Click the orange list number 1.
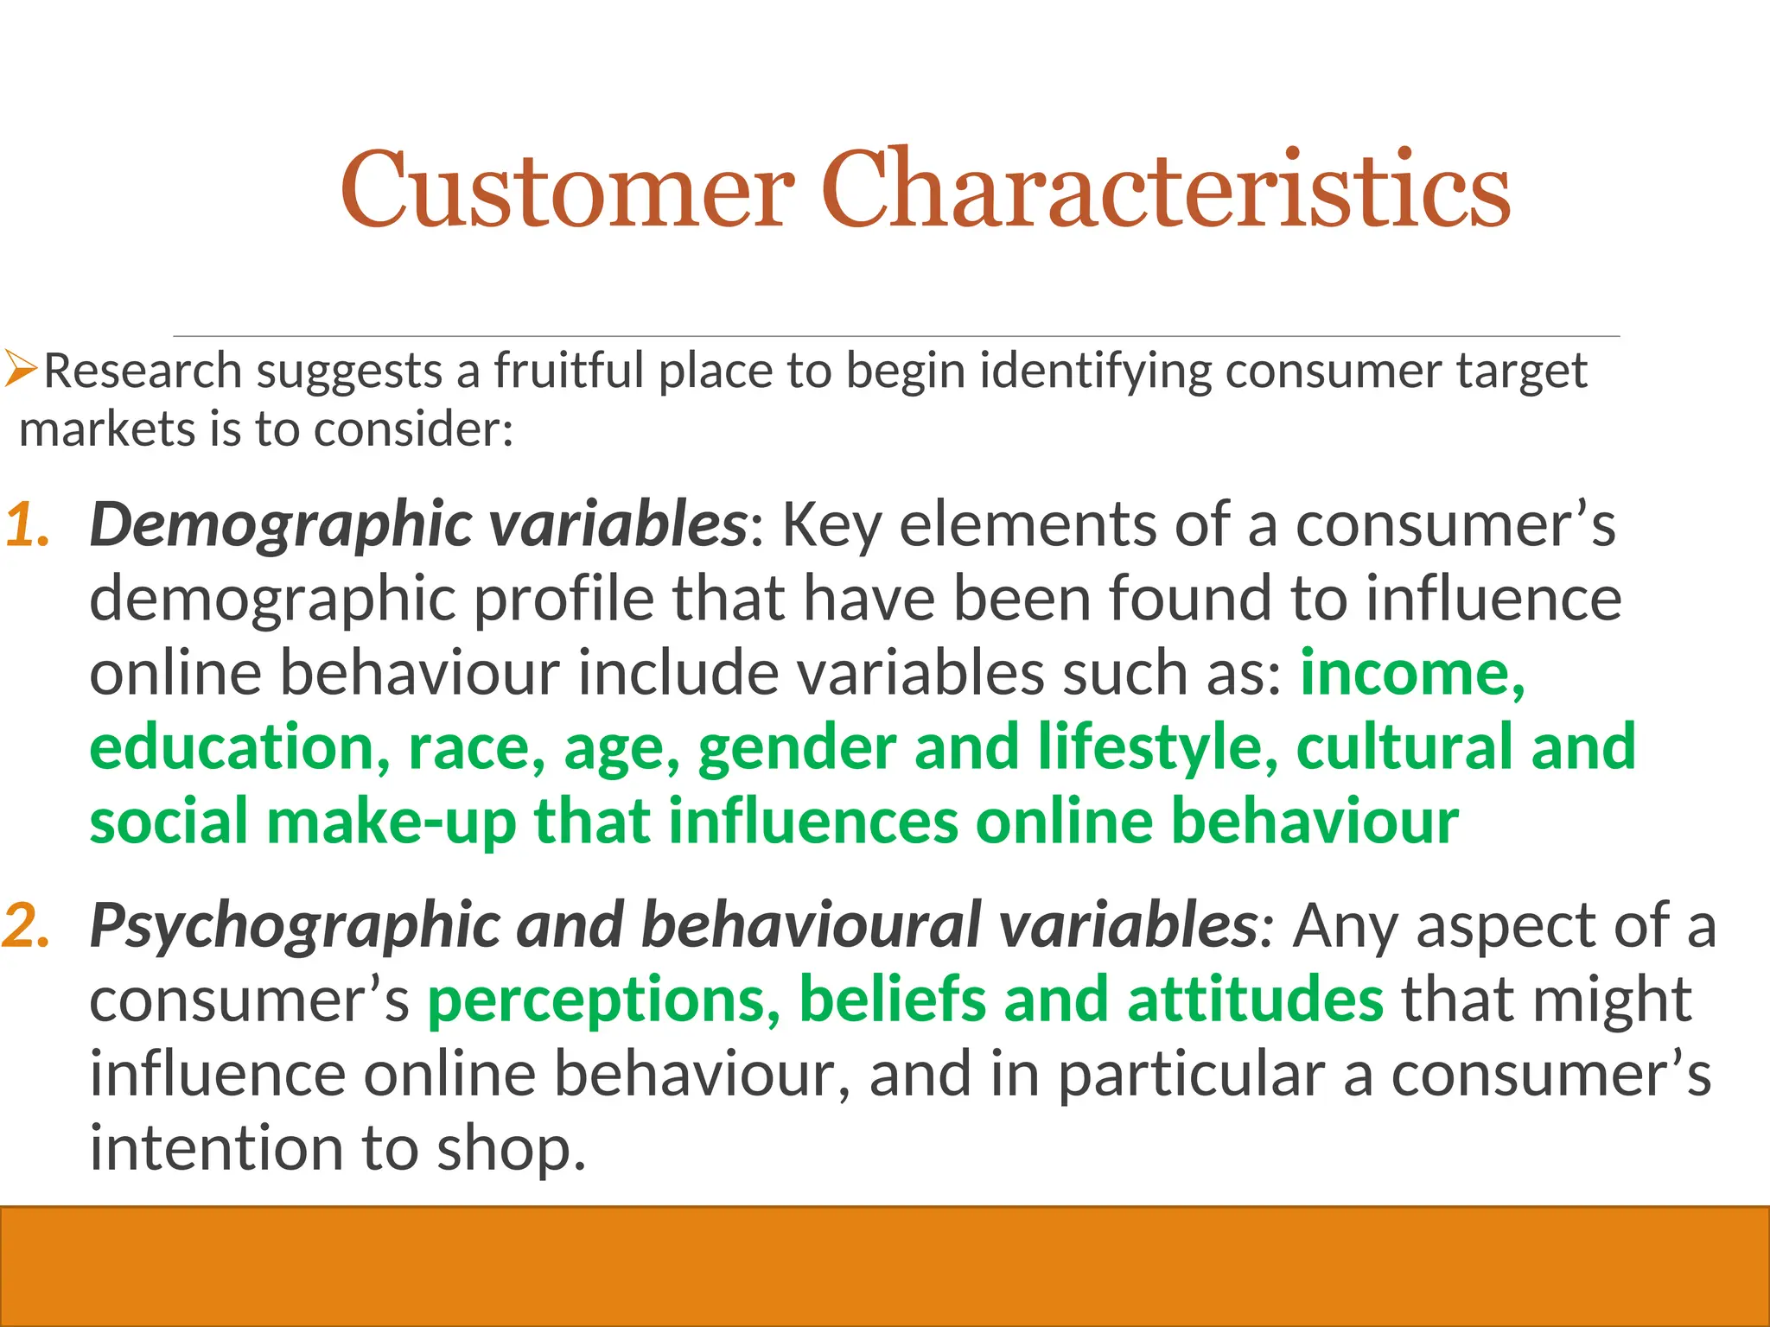pyautogui.click(x=26, y=525)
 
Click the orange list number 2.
pyautogui.click(x=26, y=926)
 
